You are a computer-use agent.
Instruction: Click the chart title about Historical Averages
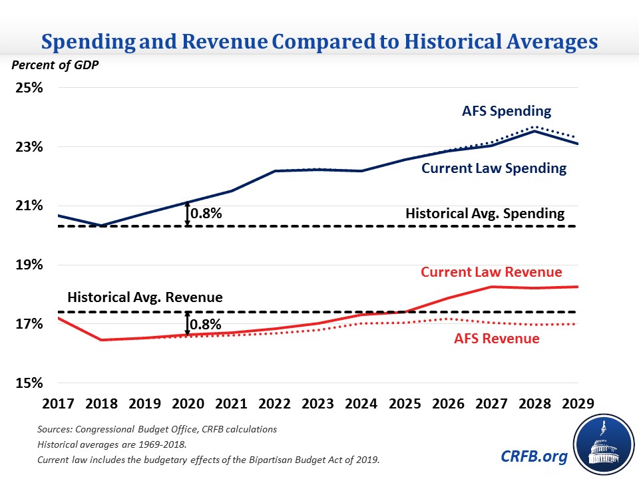(319, 42)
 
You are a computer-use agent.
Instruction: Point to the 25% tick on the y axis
(29, 88)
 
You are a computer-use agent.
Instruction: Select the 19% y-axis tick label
(29, 265)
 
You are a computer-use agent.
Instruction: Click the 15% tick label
(29, 384)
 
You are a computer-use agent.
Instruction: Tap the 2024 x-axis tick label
(361, 404)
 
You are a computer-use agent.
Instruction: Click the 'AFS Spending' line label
(507, 110)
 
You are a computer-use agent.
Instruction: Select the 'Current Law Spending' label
(494, 168)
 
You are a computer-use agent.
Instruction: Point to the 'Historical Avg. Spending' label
(485, 214)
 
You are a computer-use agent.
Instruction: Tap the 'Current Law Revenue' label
(491, 271)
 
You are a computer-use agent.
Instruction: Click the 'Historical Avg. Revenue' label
(144, 297)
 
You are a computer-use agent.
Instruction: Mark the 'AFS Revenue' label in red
(497, 338)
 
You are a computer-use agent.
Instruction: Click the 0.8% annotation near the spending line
(206, 214)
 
